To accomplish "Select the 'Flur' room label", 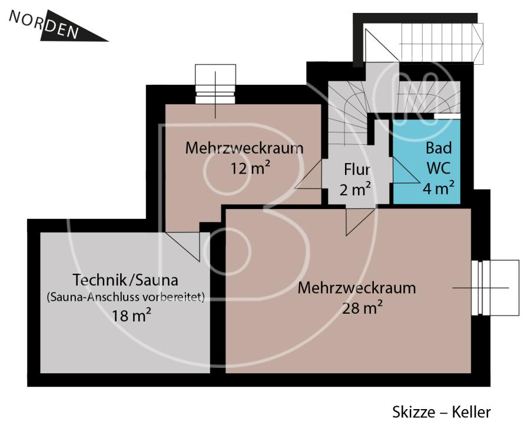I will (x=357, y=170).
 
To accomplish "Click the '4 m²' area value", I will (x=438, y=188).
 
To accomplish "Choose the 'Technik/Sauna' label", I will (x=125, y=279).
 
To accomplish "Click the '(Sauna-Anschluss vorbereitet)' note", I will (x=125, y=297).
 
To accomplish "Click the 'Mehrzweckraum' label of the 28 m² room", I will (x=357, y=288).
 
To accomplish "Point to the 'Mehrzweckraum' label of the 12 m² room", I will (x=244, y=148).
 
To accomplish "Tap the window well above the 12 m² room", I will (x=215, y=84).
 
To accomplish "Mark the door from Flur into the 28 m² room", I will (x=357, y=220).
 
